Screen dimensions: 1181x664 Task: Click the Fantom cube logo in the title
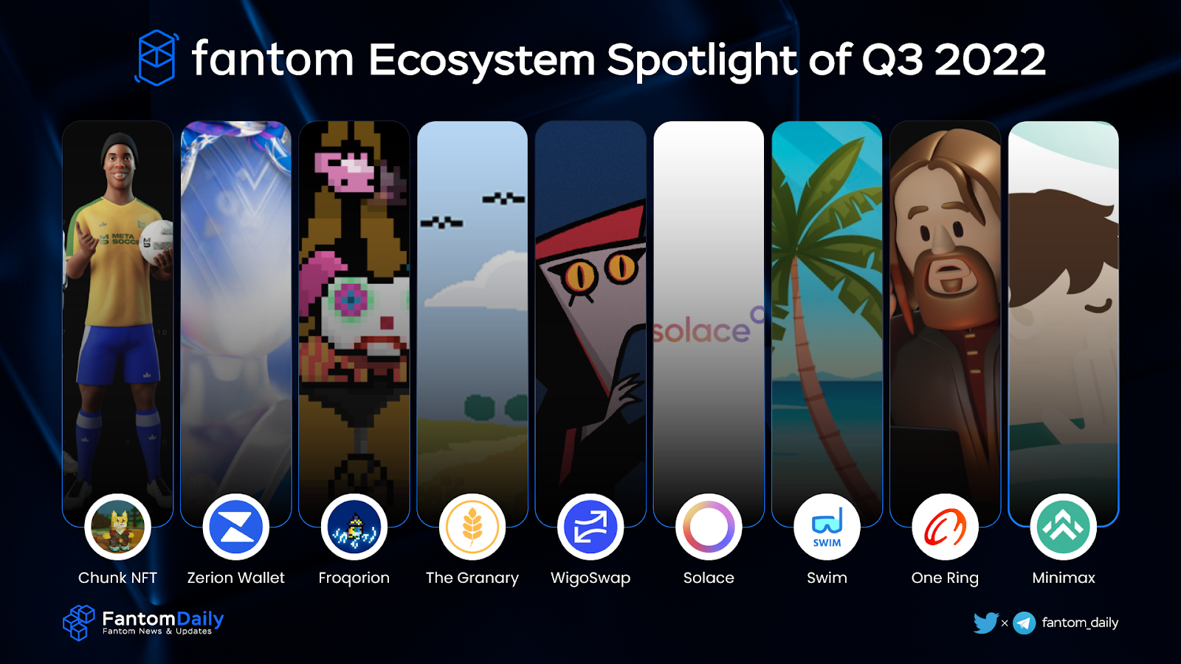click(156, 58)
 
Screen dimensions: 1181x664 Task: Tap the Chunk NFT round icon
click(117, 527)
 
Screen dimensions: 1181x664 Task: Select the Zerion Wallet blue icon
click(235, 527)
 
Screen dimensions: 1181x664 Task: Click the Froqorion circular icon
click(354, 527)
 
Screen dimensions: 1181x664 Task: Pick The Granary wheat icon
click(472, 527)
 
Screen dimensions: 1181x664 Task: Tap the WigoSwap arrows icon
click(590, 527)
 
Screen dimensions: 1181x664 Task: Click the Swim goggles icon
click(827, 527)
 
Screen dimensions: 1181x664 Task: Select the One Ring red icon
click(945, 527)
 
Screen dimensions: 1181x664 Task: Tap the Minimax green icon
click(1064, 527)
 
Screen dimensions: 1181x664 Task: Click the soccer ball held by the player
click(156, 243)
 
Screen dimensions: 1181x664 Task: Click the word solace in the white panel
click(701, 331)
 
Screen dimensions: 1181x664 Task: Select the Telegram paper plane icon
click(1025, 623)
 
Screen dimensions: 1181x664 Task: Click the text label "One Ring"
click(945, 578)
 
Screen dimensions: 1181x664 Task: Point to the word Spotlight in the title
click(702, 60)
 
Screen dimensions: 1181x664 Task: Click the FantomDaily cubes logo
click(78, 623)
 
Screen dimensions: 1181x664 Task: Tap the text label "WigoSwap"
click(590, 578)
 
